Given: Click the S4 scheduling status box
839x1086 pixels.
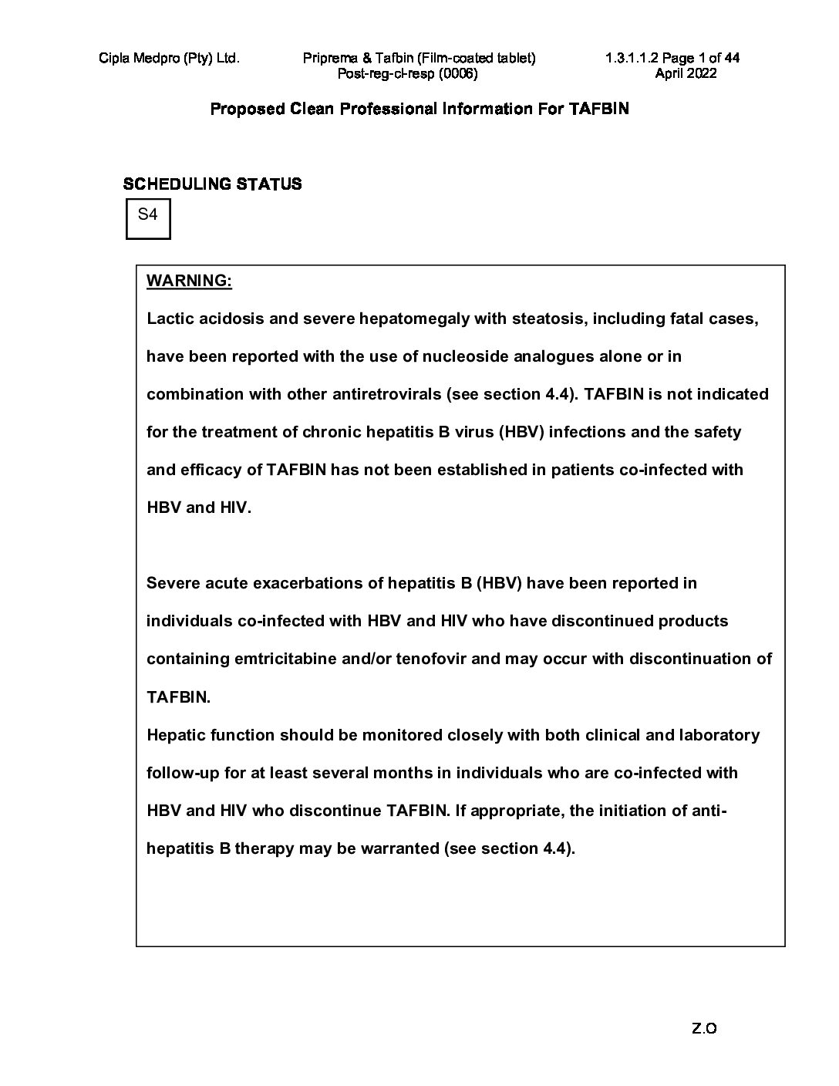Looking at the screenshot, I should [147, 218].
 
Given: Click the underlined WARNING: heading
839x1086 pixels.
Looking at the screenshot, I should [189, 281].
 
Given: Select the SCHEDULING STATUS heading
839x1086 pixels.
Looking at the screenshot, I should [212, 184].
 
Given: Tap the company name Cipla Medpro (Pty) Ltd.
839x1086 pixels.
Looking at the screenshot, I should [169, 58].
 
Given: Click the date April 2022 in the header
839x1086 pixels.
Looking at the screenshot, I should [686, 73].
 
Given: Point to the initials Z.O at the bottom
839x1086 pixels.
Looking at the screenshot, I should [705, 1028].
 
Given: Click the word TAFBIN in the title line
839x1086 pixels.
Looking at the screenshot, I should [598, 109].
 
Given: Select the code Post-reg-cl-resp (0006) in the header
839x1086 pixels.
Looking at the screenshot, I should [408, 73].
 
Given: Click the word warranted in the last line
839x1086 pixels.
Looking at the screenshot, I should [399, 848].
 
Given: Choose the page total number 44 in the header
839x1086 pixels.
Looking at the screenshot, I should [732, 58].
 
